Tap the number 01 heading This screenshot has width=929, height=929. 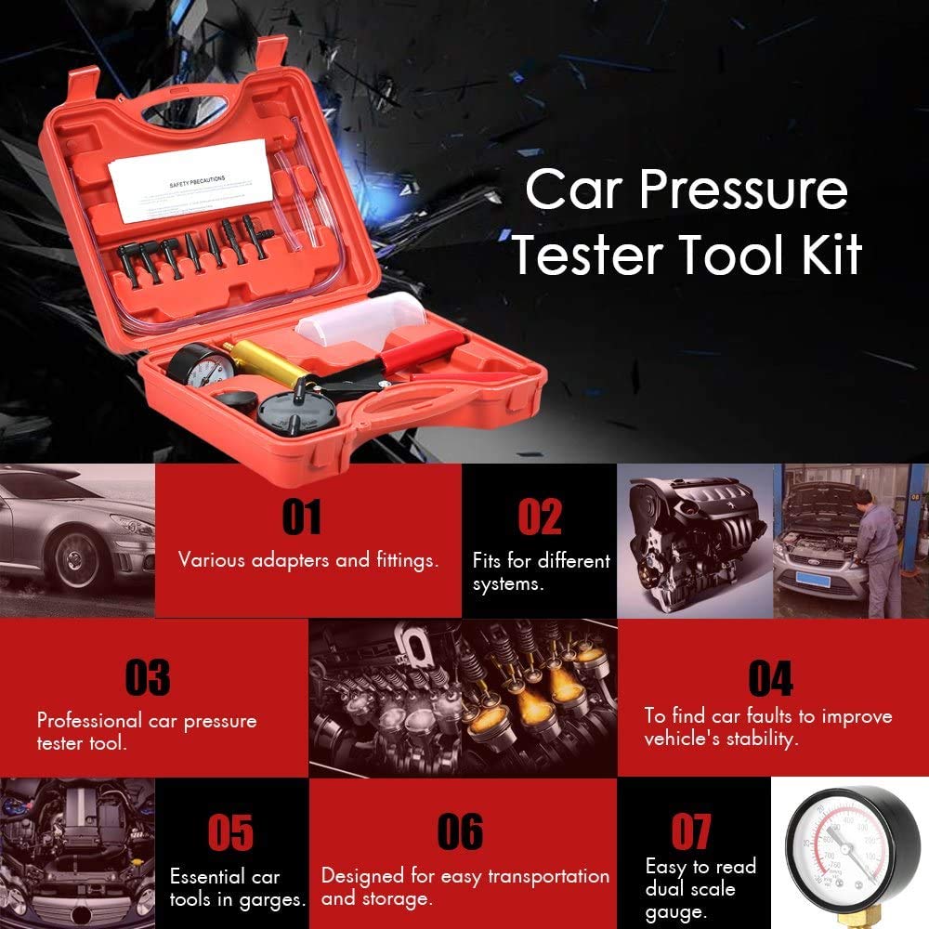[x=301, y=517]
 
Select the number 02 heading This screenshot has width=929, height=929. [x=540, y=517]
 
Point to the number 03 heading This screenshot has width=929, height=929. [x=149, y=678]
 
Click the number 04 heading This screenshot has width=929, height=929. [x=771, y=678]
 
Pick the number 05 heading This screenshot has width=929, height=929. [x=231, y=832]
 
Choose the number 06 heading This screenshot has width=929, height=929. [x=461, y=832]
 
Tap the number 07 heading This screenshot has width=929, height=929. [x=691, y=832]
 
